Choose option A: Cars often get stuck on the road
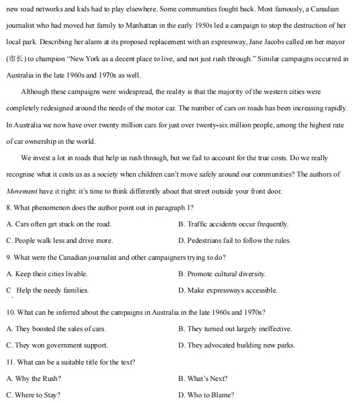pyautogui.click(x=59, y=224)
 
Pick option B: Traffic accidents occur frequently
pyautogui.click(x=233, y=224)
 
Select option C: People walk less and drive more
pyautogui.click(x=59, y=241)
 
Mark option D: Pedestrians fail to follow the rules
pyautogui.click(x=234, y=241)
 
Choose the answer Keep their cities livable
pyautogui.click(x=52, y=274)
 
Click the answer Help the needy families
pyautogui.click(x=53, y=291)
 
